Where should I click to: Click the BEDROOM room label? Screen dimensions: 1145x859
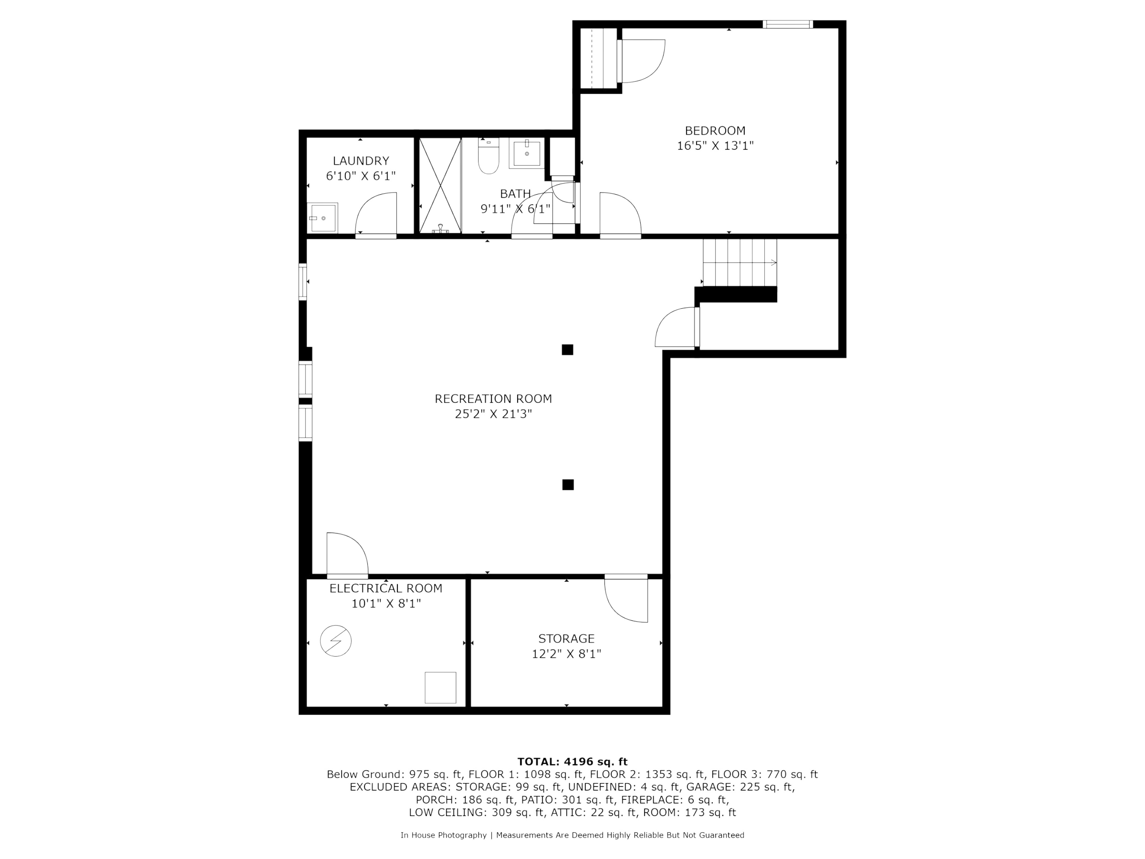click(x=715, y=131)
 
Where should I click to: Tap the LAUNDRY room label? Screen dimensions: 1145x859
click(x=361, y=160)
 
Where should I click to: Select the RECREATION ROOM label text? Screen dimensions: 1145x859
click(x=493, y=398)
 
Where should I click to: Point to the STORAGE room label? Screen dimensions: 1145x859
click(x=566, y=639)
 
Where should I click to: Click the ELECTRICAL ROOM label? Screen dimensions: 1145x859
click(x=385, y=589)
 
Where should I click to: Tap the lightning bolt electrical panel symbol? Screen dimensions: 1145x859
click(x=335, y=641)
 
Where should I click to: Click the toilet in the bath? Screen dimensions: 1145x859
click(x=487, y=157)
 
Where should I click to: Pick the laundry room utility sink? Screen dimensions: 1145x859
click(x=323, y=218)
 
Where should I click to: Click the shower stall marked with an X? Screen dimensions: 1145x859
click(x=439, y=184)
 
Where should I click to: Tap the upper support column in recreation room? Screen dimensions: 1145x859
click(x=567, y=351)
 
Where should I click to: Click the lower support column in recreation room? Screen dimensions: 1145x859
click(x=568, y=485)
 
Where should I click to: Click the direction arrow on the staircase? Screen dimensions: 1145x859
click(x=772, y=264)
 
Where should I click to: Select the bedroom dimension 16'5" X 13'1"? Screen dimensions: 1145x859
click(x=715, y=146)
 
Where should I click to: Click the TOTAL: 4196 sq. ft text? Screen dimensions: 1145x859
click(x=572, y=762)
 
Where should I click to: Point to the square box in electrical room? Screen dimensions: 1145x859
click(x=440, y=688)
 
